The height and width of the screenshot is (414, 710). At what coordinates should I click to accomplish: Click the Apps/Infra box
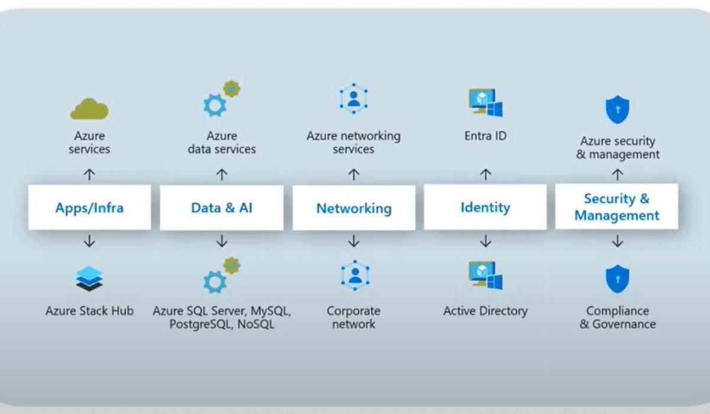89,208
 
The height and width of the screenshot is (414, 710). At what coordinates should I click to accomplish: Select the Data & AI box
222,208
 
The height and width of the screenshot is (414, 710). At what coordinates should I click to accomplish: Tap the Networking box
354,208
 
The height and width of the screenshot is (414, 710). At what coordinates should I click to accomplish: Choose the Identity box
485,207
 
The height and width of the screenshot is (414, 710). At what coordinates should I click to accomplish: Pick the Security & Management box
617,207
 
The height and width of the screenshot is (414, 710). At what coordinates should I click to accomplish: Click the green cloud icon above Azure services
89,109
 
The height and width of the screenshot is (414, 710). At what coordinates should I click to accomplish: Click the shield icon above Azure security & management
617,109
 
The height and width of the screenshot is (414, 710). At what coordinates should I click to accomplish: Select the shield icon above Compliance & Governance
617,279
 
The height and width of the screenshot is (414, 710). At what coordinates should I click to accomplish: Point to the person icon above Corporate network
354,276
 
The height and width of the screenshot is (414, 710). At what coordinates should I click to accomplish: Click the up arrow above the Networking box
354,174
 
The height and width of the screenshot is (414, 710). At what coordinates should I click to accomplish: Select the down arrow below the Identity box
485,241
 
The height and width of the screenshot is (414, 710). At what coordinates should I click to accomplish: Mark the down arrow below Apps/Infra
89,241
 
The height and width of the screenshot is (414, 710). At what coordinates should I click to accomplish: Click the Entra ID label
485,136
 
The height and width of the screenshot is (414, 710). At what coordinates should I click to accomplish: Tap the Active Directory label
485,310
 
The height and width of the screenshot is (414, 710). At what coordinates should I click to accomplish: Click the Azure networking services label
354,143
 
